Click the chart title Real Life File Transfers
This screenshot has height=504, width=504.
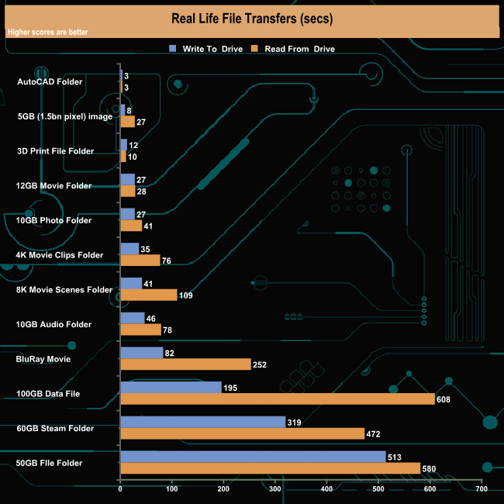point(251,17)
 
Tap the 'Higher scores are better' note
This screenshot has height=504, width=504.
point(47,33)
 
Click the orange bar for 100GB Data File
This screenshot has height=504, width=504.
point(277,399)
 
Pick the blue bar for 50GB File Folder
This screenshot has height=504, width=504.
point(253,457)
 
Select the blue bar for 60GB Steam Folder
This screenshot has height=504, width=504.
point(202,423)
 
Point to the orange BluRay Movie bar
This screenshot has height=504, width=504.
point(185,364)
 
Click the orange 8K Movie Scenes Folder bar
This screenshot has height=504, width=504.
point(149,295)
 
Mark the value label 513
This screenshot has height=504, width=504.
point(395,457)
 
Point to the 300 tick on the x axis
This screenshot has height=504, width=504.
point(275,489)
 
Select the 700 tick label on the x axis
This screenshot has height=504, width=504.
point(482,489)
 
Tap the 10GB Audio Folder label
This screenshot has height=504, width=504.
point(54,324)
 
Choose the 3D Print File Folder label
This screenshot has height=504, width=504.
point(55,150)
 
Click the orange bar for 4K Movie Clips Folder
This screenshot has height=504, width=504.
point(140,260)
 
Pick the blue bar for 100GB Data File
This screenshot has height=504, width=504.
point(171,388)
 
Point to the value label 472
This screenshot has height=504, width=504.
point(374,434)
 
